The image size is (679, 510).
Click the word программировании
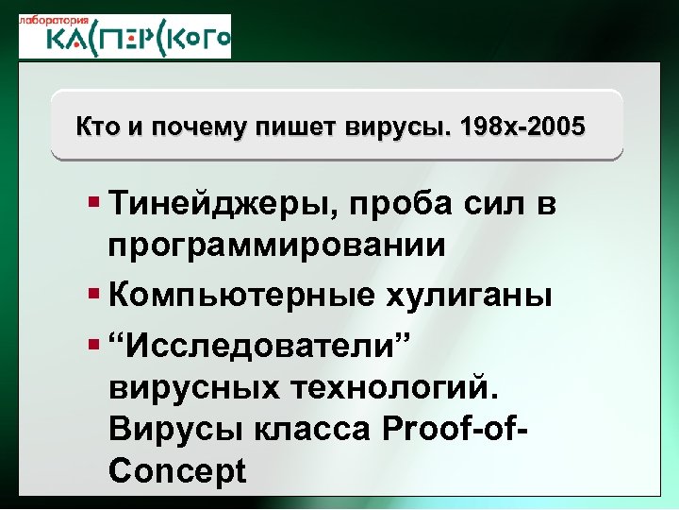[276, 246]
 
